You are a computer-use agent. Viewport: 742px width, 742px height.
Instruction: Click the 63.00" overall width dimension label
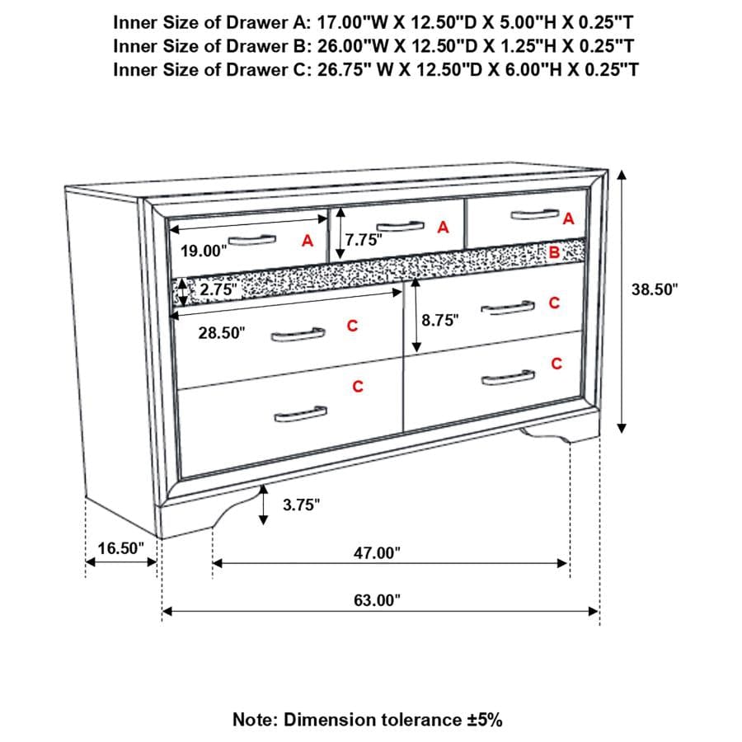377,600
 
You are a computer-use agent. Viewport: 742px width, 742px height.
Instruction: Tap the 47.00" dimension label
377,553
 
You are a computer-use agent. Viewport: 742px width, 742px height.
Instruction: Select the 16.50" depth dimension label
120,548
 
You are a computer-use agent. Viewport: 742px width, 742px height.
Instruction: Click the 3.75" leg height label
301,505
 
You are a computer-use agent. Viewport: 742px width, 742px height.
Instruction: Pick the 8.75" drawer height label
439,321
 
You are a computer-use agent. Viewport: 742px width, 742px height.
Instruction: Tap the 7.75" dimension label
365,240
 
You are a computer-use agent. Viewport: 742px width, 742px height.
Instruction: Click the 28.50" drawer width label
222,333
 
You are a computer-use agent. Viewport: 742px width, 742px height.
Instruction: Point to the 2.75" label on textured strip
218,290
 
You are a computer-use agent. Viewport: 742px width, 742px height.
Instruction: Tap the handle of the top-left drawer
251,240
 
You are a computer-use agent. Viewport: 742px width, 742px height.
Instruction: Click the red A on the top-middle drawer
443,228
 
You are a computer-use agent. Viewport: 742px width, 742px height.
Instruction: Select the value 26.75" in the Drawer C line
343,68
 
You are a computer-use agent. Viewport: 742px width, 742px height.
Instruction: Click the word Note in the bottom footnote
255,720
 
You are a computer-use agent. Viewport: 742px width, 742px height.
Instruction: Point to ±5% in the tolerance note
482,720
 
